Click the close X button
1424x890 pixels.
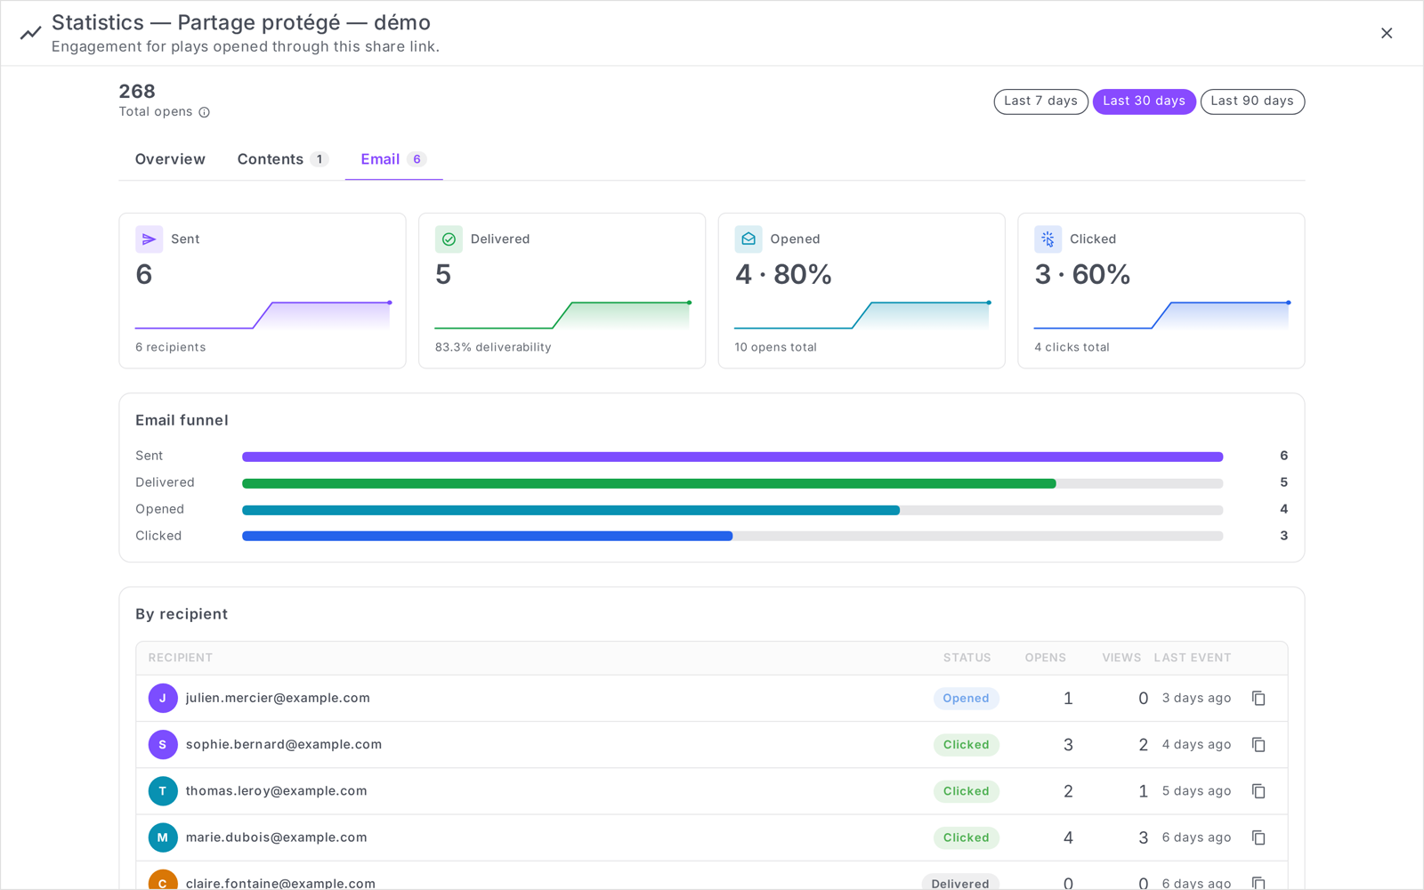1387,33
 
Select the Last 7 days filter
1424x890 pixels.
1040,101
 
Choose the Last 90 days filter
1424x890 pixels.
1251,101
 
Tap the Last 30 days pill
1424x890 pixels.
1144,101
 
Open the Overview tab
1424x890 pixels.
170,159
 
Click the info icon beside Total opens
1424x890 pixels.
204,112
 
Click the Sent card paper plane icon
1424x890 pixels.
149,239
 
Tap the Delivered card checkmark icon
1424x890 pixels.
449,239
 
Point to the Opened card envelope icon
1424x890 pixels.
748,239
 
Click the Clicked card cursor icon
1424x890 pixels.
1048,239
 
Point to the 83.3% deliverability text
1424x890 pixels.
493,347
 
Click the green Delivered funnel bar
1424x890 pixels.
649,484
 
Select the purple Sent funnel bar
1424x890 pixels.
732,457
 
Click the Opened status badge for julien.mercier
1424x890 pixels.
966,698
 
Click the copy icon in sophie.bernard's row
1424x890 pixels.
1258,744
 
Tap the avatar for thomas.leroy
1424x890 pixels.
163,791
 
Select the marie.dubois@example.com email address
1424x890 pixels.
277,837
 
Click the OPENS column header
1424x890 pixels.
1045,658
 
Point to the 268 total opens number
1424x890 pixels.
137,92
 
